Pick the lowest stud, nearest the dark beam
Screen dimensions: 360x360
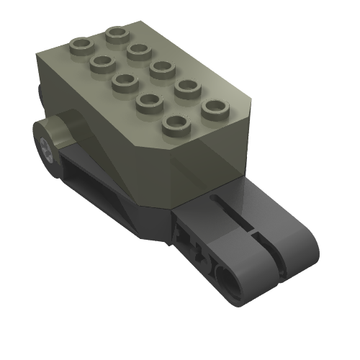click(174, 123)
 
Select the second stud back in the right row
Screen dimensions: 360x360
click(138, 50)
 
